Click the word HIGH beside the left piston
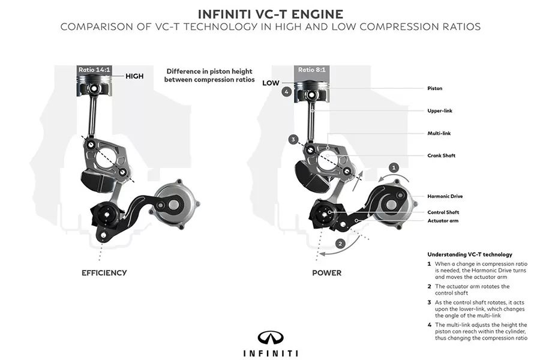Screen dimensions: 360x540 [x=135, y=76]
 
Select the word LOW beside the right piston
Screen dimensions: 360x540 [x=271, y=83]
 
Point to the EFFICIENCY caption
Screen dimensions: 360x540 [x=104, y=272]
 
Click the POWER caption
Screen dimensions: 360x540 [x=327, y=272]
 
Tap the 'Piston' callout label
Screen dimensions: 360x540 [x=435, y=88]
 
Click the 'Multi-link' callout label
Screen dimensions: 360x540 [x=438, y=133]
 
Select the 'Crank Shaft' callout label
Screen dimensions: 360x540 [x=441, y=155]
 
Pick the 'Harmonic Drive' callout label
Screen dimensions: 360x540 [x=445, y=196]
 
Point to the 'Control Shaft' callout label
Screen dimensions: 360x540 [x=443, y=212]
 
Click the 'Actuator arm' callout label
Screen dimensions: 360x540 [x=443, y=221]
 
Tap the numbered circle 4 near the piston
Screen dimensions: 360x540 [x=287, y=92]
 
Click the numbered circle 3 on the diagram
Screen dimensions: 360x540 [x=293, y=139]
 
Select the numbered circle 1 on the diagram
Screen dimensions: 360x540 [x=394, y=167]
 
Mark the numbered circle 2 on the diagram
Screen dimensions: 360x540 [x=340, y=243]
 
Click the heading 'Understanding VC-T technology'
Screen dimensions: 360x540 [x=470, y=254]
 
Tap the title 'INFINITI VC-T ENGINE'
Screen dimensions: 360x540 [x=269, y=13]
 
